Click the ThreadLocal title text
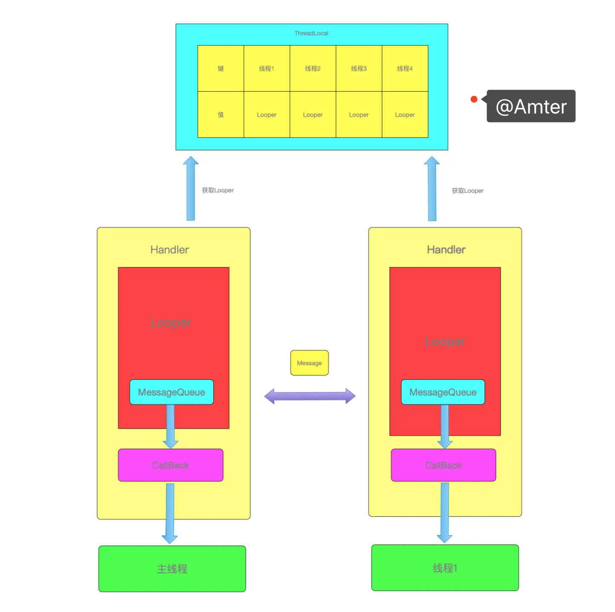click(311, 33)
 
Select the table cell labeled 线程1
click(267, 69)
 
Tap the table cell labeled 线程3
click(359, 69)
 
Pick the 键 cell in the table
click(220, 69)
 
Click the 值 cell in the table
click(220, 115)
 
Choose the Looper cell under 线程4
click(405, 115)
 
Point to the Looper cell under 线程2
click(313, 115)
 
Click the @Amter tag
click(531, 106)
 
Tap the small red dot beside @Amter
click(474, 99)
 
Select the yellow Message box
click(309, 363)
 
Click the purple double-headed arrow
click(310, 396)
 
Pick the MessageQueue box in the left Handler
click(171, 392)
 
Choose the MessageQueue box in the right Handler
click(443, 392)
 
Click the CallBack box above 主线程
click(171, 465)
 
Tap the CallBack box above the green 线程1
click(444, 465)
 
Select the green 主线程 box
click(172, 569)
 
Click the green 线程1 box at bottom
click(445, 568)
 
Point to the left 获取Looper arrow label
click(218, 190)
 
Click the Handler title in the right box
click(446, 250)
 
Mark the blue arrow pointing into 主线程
click(170, 514)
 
